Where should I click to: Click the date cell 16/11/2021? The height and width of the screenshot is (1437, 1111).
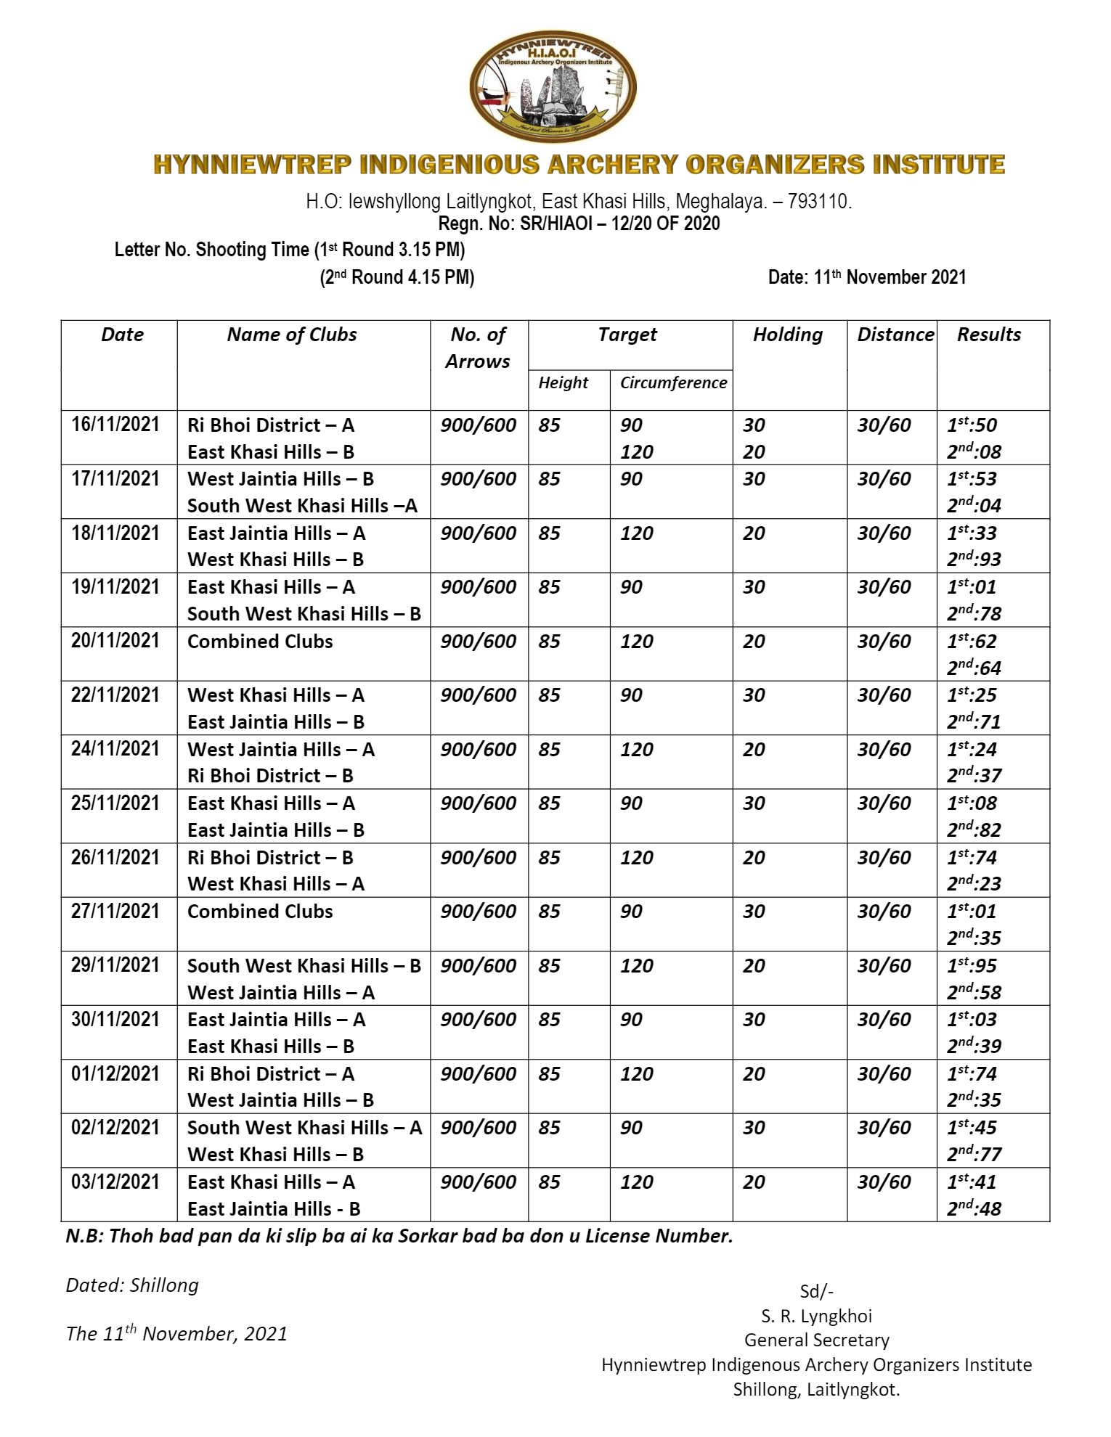point(115,425)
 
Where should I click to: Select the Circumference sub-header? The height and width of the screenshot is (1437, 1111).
point(673,383)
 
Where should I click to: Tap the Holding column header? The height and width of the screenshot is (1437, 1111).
point(788,335)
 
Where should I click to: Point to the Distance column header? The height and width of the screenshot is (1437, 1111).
point(895,335)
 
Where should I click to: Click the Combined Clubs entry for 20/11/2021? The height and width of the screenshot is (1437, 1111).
point(260,642)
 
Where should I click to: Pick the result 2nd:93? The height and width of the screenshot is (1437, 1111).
point(974,560)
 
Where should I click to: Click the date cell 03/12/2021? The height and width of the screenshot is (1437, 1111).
point(115,1182)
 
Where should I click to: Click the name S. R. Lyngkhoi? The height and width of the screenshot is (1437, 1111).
point(816,1317)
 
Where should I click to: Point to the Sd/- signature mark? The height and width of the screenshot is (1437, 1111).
point(816,1292)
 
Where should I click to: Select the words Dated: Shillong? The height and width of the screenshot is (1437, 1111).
point(132,1285)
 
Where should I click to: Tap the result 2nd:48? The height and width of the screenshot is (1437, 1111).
point(974,1209)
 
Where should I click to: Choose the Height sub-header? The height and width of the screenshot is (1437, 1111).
point(563,383)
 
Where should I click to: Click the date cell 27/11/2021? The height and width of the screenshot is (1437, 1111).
point(115,912)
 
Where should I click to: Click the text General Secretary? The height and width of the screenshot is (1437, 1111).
point(816,1340)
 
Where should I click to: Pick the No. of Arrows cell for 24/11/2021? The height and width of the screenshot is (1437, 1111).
point(479,750)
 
